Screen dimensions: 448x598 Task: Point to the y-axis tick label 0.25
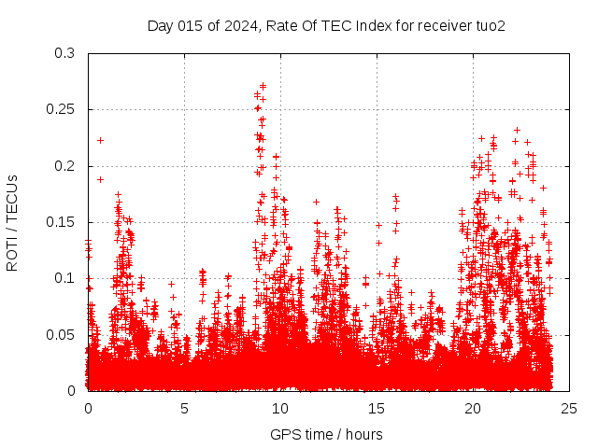point(62,110)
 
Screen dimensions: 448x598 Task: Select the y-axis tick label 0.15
point(62,222)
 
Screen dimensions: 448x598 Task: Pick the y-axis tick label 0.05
point(62,334)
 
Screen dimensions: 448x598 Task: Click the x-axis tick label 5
point(184,408)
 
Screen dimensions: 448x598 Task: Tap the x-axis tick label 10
point(280,408)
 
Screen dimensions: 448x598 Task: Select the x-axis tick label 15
point(377,408)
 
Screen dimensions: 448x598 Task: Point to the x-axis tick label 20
point(473,408)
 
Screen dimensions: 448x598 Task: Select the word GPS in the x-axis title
point(284,434)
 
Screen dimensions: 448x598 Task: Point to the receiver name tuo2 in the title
point(490,25)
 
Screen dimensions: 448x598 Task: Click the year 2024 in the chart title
point(239,25)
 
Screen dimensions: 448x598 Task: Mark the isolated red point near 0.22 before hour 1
point(100,140)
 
